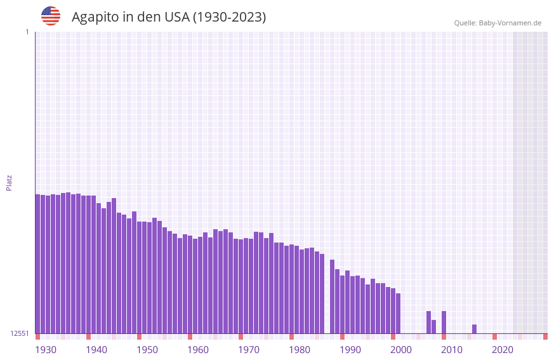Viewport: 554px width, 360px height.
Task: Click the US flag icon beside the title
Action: point(51,16)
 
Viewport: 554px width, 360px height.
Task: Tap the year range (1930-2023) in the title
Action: point(229,17)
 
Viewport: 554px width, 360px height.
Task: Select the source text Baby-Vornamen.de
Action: point(510,23)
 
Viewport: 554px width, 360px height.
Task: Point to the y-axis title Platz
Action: point(9,182)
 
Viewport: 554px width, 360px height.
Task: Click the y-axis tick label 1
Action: point(27,32)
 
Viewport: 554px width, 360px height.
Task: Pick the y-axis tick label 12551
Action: point(20,333)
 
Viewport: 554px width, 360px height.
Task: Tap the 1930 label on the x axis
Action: point(46,350)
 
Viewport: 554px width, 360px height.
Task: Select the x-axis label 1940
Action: point(96,350)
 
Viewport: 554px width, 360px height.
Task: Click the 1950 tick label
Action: point(147,350)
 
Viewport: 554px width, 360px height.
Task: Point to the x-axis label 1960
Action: point(198,350)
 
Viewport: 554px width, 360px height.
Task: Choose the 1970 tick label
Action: point(249,350)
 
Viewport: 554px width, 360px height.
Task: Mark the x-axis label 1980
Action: point(300,350)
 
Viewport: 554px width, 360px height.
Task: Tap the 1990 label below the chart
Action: point(350,350)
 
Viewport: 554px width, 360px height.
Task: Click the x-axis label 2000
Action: point(401,350)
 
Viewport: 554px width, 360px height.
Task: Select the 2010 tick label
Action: point(452,350)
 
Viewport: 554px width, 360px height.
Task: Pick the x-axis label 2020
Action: point(503,350)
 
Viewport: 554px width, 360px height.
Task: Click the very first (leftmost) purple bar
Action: point(37,263)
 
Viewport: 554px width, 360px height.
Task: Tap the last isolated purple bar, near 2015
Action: point(474,329)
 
